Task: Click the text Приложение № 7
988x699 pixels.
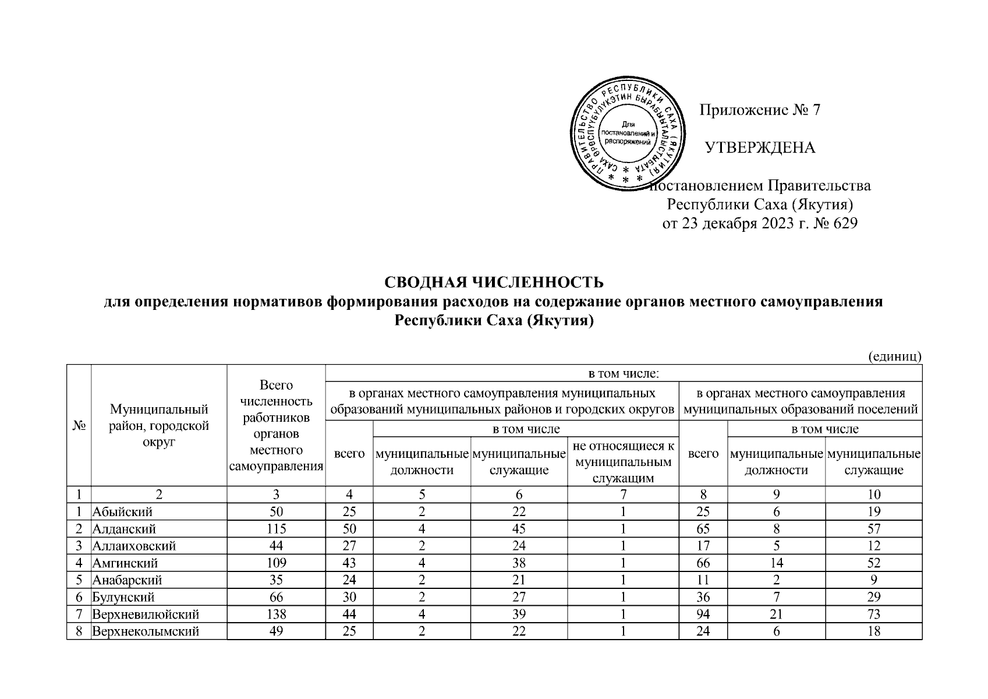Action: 759,110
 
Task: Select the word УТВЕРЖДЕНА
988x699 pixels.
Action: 760,148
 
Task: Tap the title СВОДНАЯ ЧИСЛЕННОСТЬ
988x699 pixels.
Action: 494,283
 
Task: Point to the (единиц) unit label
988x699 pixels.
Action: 895,356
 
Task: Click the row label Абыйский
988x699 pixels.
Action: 122,511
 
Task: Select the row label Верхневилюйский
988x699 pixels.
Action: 146,614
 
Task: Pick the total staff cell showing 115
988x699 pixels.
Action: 276,529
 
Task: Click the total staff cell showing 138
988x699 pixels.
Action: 276,614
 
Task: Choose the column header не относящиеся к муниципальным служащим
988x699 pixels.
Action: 623,462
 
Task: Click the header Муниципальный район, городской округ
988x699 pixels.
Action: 159,426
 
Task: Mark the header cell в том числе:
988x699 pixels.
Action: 624,373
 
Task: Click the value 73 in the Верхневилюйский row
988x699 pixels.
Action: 873,614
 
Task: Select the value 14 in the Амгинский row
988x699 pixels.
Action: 776,563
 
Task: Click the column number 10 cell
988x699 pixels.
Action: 873,495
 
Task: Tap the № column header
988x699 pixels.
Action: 79,426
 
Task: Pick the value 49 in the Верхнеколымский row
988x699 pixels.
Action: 276,631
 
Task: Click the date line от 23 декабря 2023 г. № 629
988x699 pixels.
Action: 760,224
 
